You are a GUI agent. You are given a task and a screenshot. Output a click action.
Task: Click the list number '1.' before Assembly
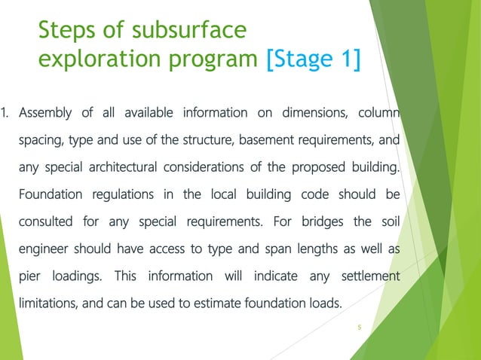tap(5, 114)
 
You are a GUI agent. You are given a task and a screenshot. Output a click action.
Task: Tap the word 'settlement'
tap(370, 277)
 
